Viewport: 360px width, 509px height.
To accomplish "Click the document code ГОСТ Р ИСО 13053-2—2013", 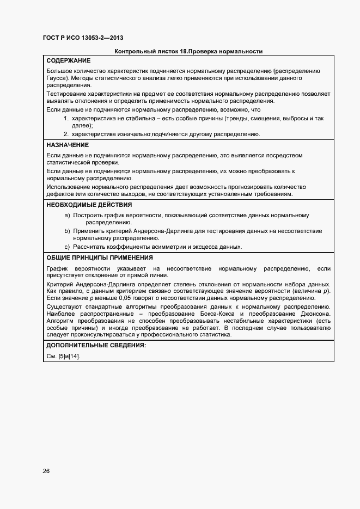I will coord(83,38).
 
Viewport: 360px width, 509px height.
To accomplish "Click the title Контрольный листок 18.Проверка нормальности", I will coord(188,52).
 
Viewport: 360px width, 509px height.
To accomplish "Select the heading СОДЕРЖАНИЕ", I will coord(69,60).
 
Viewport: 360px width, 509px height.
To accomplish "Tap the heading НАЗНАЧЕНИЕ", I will coord(68,145).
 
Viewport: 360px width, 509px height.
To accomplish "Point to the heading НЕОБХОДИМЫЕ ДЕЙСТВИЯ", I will coord(89,205).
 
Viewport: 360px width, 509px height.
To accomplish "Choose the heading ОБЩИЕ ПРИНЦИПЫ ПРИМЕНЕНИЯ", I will coord(100,257).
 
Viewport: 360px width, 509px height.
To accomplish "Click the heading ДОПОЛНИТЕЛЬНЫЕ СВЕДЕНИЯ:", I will coord(96,346).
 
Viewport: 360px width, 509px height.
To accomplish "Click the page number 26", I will coord(46,471).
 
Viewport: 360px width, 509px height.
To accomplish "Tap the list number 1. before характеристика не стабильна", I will coord(66,118).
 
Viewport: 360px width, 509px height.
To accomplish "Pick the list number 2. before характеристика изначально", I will coord(66,134).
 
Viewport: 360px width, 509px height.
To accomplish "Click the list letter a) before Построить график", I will coord(67,216).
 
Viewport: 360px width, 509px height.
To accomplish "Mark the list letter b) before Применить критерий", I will coord(67,231).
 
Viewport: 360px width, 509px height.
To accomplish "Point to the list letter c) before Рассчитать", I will coord(67,247).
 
